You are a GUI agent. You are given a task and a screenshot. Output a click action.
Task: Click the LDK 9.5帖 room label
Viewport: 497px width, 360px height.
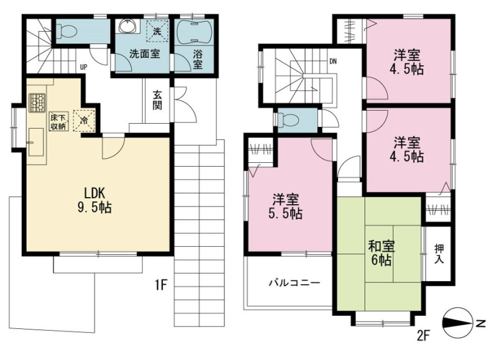[x=94, y=200]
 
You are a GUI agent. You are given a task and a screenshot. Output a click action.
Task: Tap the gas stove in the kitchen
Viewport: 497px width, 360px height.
[x=37, y=103]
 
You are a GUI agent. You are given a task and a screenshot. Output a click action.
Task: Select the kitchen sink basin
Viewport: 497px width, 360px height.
[x=36, y=142]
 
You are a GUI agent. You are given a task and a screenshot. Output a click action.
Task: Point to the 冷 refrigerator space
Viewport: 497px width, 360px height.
[x=84, y=121]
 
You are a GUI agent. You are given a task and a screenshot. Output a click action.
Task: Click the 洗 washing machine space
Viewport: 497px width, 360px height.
[x=157, y=30]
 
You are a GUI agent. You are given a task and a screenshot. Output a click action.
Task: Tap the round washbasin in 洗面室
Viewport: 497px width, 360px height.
[x=128, y=25]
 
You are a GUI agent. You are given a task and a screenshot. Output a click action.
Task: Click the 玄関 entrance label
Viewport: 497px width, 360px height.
[x=158, y=99]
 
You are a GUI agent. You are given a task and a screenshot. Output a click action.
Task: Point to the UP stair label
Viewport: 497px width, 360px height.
[x=83, y=67]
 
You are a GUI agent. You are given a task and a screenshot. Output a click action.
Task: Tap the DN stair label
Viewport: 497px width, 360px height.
[x=333, y=62]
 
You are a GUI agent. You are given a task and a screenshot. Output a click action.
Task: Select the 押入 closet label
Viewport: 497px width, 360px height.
[x=439, y=254]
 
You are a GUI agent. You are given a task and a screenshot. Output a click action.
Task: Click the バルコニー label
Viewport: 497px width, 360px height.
[x=294, y=283]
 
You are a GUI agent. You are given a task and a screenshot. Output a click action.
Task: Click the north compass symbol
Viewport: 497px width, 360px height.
[x=463, y=323]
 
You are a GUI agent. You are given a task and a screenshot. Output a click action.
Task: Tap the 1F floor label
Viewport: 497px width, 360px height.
[x=161, y=285]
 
